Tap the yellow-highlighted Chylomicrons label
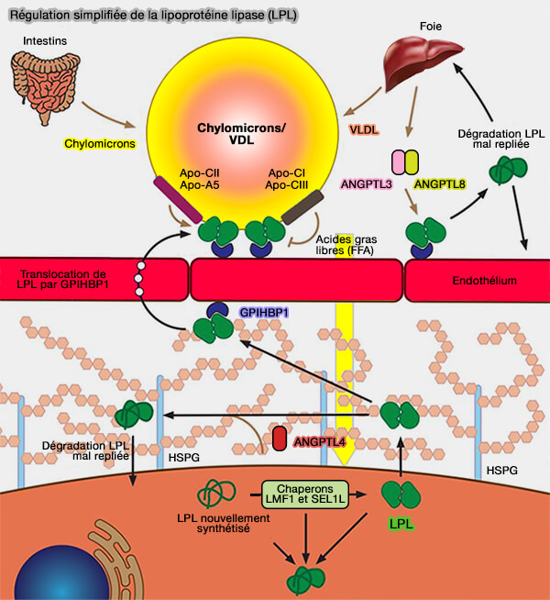click(x=100, y=144)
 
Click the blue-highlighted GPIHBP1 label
click(x=265, y=312)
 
